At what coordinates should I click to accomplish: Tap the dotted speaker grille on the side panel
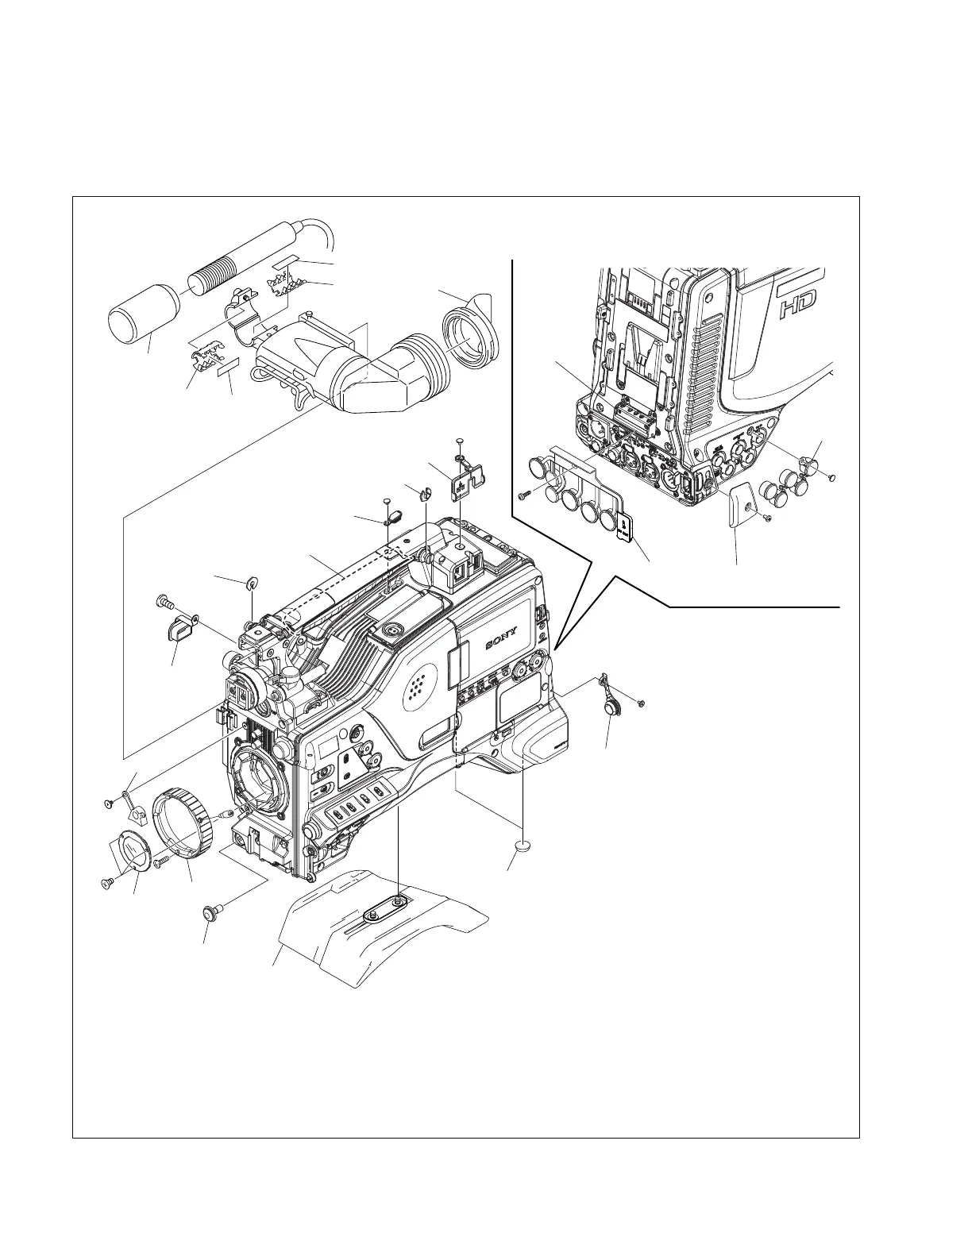tap(420, 684)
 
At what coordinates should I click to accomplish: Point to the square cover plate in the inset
tap(742, 503)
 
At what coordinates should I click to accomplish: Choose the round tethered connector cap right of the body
tap(611, 706)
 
